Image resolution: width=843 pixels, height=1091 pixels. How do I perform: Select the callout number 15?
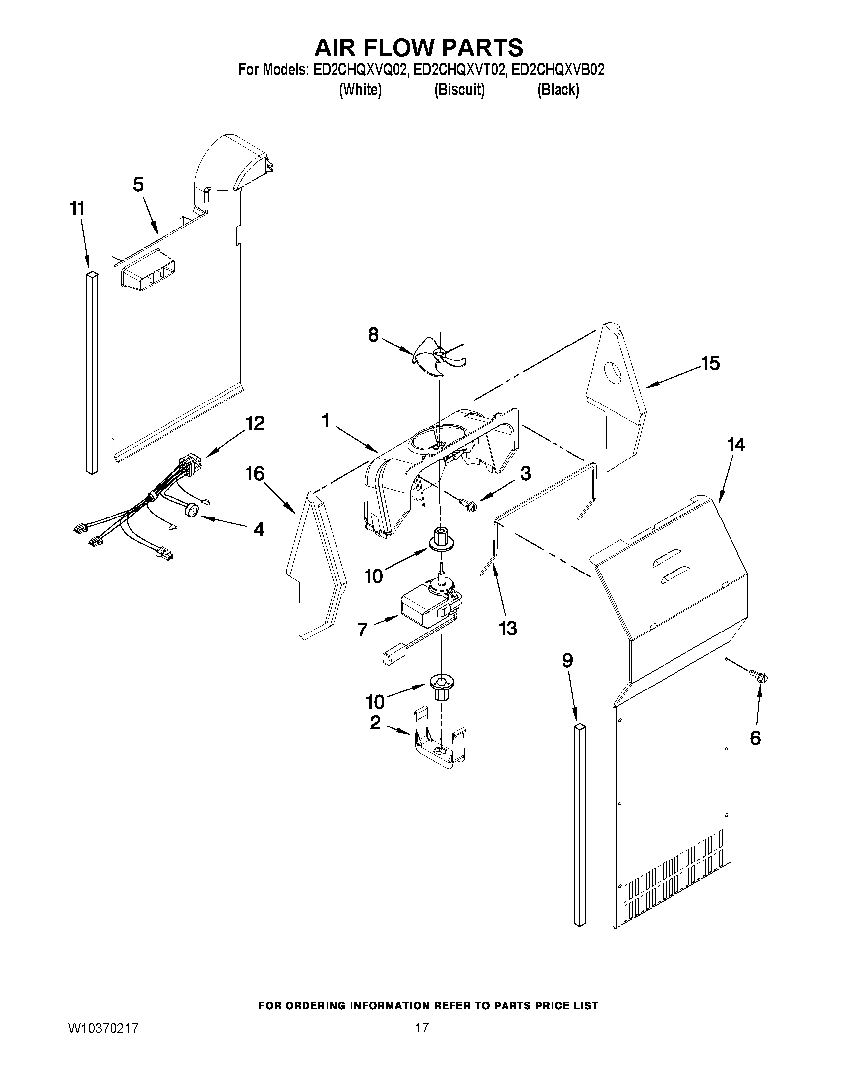pos(710,364)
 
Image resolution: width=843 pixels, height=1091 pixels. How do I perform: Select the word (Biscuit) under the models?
pos(459,90)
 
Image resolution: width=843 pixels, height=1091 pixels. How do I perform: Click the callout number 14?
pos(736,444)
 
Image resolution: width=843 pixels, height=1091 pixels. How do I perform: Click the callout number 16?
pos(255,473)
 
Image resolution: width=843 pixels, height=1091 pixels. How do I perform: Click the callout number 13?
pos(507,628)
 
